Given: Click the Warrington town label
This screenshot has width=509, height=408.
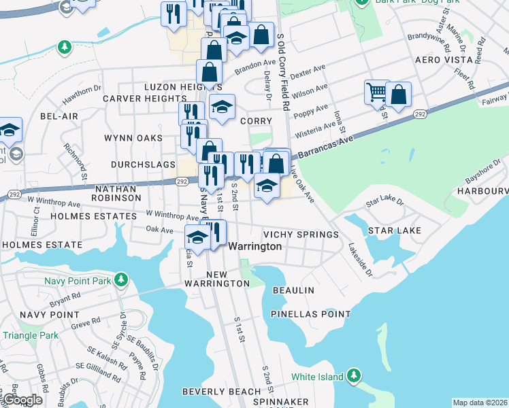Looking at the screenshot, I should tap(255, 246).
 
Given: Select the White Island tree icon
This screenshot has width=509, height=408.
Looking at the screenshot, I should tap(353, 375).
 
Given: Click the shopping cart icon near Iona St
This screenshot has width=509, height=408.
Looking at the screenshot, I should tap(376, 91).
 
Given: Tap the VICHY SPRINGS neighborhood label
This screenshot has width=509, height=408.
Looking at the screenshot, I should tap(301, 235).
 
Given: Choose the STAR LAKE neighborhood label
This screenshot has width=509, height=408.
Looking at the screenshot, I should tap(395, 231).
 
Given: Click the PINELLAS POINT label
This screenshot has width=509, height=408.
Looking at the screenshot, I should tap(310, 314).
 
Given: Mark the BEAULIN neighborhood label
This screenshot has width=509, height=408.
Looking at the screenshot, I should tap(293, 290).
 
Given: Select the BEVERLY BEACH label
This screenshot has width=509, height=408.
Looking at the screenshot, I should tap(221, 392).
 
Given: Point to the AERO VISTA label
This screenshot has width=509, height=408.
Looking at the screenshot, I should tap(444, 60).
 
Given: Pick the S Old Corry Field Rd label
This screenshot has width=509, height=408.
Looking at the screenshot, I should tap(284, 71).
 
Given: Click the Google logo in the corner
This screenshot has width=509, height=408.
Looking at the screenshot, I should tap(22, 400).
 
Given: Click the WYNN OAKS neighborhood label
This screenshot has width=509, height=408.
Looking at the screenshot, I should tap(133, 138).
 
